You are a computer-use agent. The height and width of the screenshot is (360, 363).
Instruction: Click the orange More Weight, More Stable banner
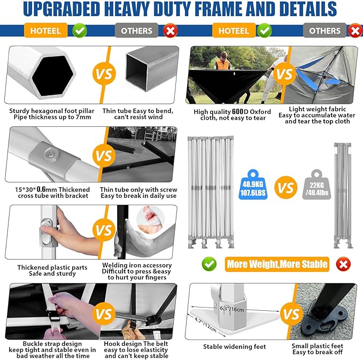276,264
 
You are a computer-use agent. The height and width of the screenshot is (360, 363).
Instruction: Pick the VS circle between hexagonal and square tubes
103,74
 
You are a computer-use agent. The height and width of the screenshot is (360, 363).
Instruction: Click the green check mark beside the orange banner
209,264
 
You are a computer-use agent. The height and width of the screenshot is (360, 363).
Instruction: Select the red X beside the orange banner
343,264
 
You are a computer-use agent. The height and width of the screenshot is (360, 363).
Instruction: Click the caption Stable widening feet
234,347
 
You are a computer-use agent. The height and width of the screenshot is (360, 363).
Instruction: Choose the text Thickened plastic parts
47,267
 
